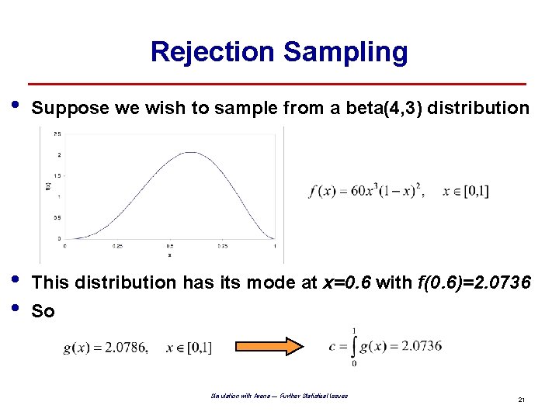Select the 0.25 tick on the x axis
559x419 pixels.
(116, 246)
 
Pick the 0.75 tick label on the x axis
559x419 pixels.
(221, 246)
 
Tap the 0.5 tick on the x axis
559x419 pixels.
(170, 246)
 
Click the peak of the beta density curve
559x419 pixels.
(191, 153)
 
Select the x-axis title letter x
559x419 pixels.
(169, 255)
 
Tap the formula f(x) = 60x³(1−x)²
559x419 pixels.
(366, 191)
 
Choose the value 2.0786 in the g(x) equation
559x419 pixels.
(125, 348)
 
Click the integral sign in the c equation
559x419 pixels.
(355, 345)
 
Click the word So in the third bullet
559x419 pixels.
(43, 311)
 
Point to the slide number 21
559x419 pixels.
(522, 400)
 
